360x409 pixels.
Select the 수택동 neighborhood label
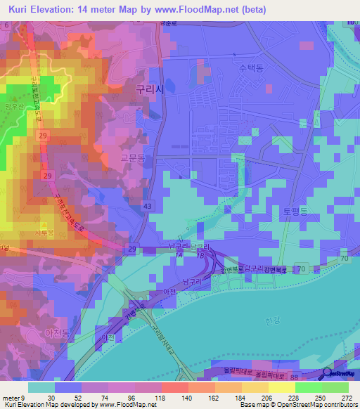coord(251,69)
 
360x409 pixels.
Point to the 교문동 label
coord(132,160)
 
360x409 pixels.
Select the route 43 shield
coord(146,205)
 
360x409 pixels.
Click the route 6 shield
coord(6,25)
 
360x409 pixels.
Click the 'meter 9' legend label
coord(13,397)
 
